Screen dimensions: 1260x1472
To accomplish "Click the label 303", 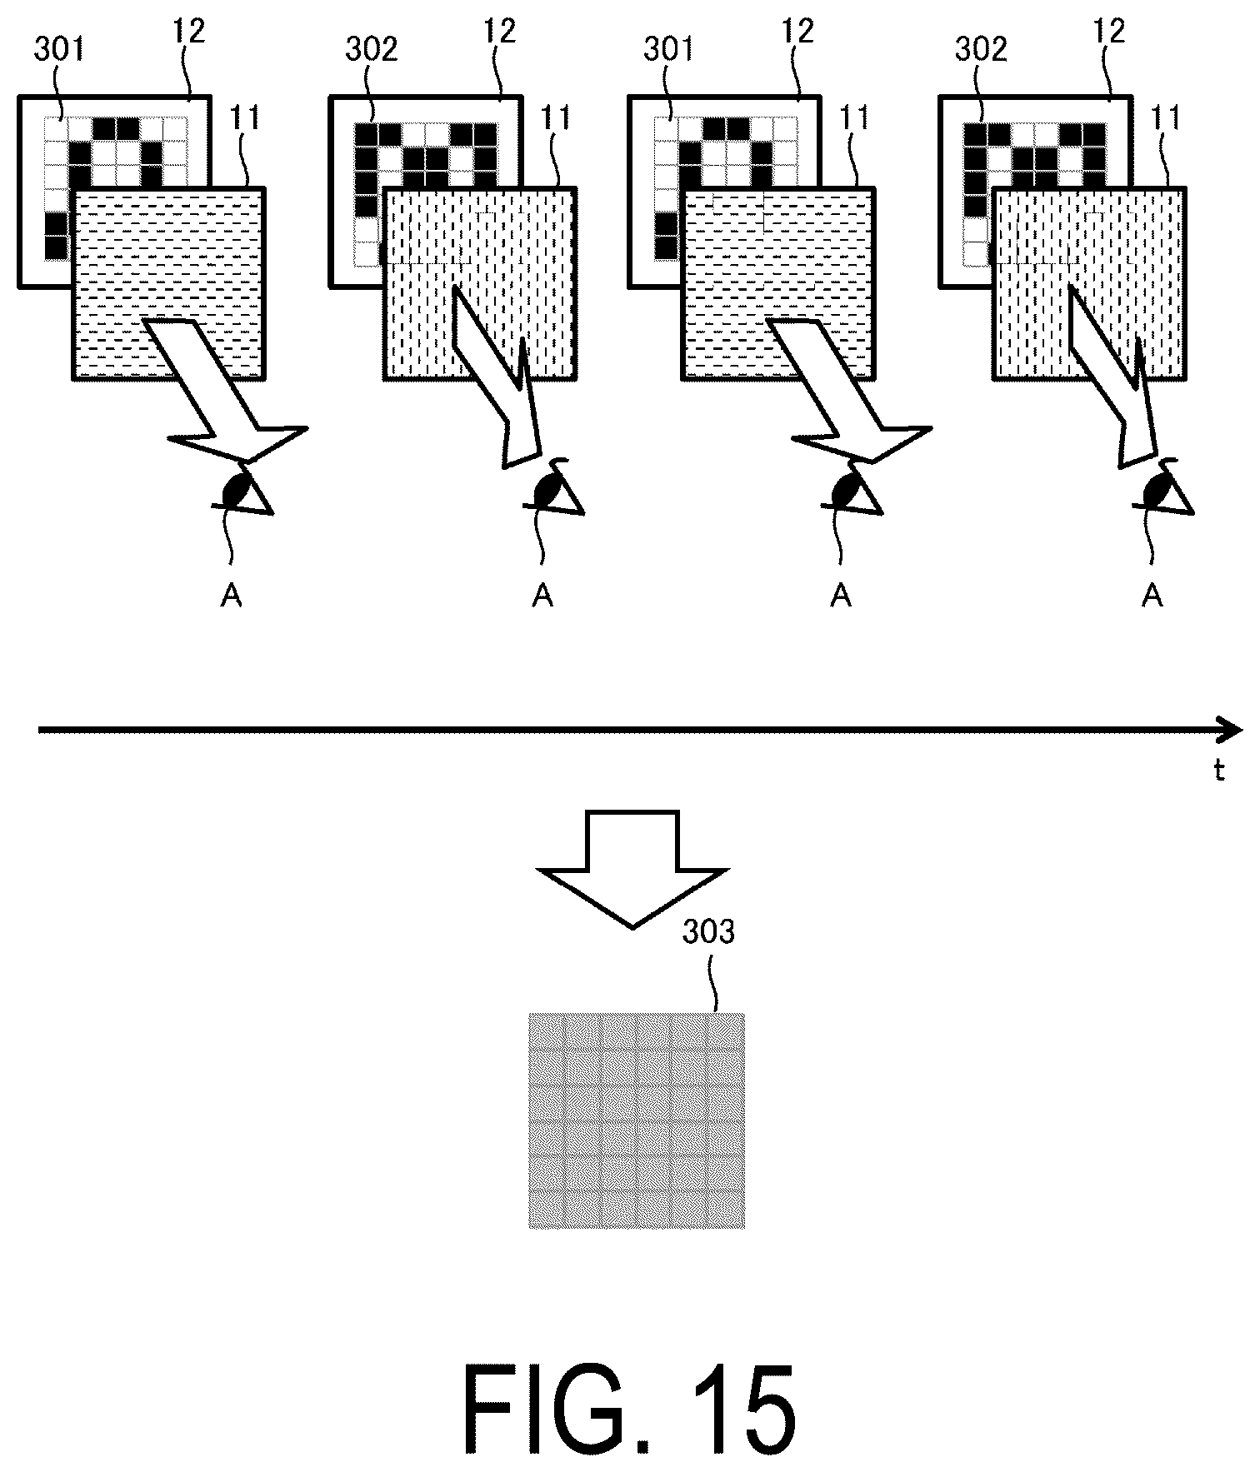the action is pyautogui.click(x=708, y=931).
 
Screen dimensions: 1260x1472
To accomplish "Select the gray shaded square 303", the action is pyautogui.click(x=637, y=1120).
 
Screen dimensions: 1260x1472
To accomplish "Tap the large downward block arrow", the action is pyautogui.click(x=632, y=867).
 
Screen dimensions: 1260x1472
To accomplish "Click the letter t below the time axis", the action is pyautogui.click(x=1218, y=771).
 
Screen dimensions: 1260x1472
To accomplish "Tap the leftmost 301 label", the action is pyautogui.click(x=59, y=50).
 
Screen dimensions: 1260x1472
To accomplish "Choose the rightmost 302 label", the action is pyautogui.click(x=981, y=50).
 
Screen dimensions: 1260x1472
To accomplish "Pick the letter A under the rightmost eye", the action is pyautogui.click(x=1152, y=595).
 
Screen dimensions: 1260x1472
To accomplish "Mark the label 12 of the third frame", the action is pyautogui.click(x=797, y=32).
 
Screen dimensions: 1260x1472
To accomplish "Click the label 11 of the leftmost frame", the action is pyautogui.click(x=244, y=119).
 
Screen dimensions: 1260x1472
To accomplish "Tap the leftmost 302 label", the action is pyautogui.click(x=372, y=50).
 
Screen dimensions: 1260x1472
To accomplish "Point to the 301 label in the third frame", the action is pyautogui.click(x=668, y=50).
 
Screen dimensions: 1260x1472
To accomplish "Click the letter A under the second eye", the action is pyautogui.click(x=542, y=595).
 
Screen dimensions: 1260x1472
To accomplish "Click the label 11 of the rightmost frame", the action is pyautogui.click(x=1165, y=119).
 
